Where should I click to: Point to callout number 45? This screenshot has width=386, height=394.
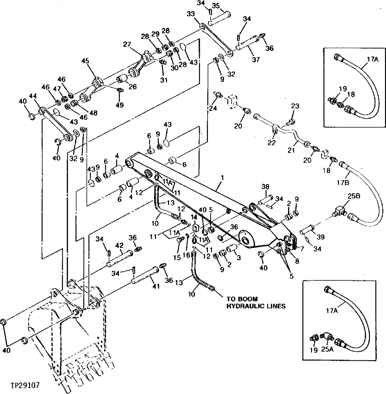[x=85, y=61]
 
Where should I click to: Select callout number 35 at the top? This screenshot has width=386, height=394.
[x=226, y=5]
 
